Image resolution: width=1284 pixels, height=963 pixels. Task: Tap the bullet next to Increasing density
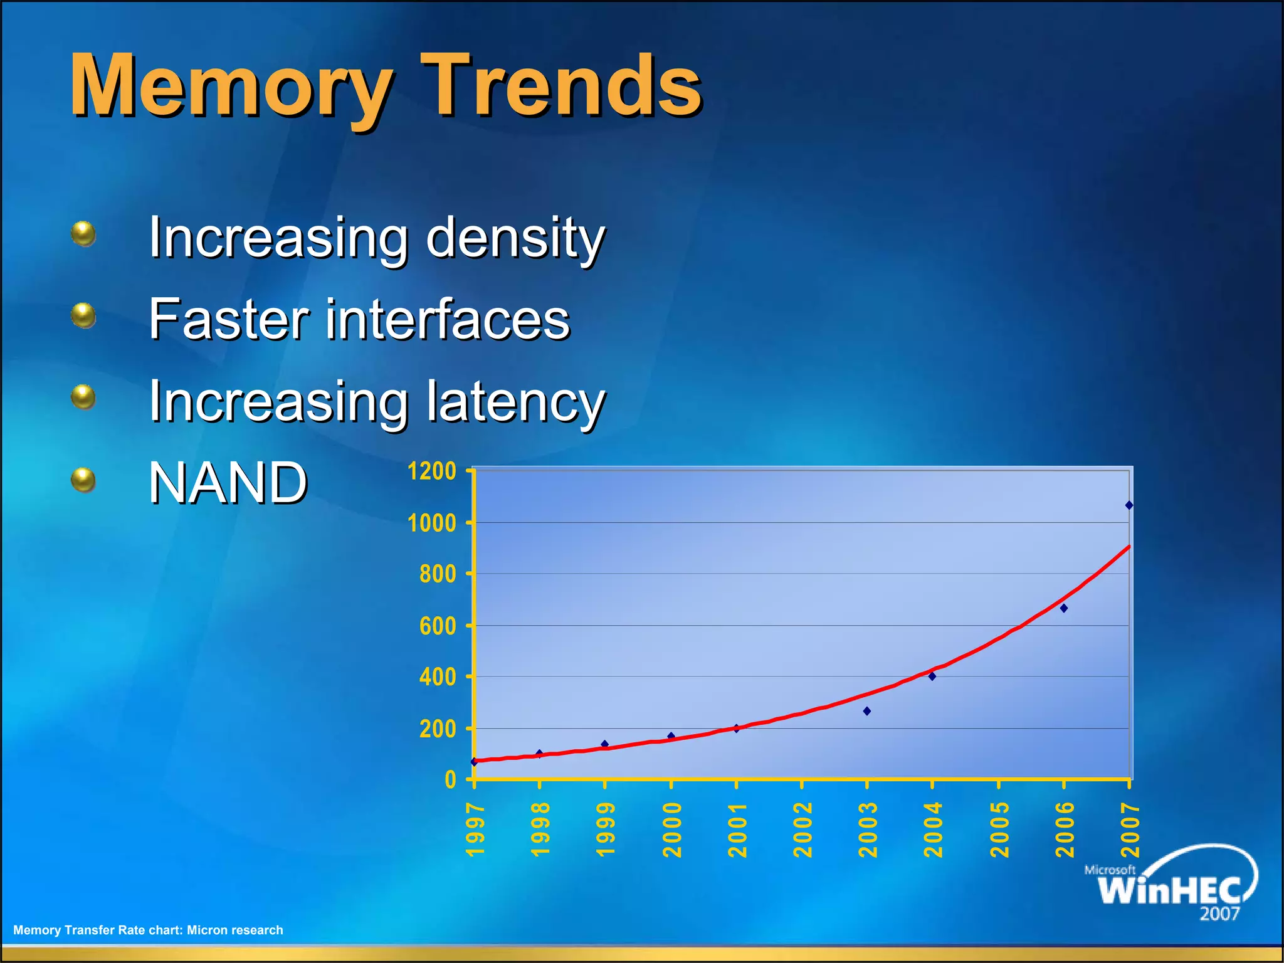pyautogui.click(x=83, y=234)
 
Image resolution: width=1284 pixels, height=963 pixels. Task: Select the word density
pyautogui.click(x=515, y=238)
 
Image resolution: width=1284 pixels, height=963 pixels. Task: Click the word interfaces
pyautogui.click(x=447, y=320)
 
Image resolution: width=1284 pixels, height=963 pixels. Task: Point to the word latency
pyautogui.click(x=515, y=403)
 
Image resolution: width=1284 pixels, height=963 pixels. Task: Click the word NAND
pyautogui.click(x=228, y=483)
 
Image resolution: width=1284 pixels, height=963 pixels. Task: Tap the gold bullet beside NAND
pyautogui.click(x=83, y=480)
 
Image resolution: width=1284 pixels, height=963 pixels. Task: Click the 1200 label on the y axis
pyautogui.click(x=431, y=471)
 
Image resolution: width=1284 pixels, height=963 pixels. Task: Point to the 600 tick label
pyautogui.click(x=438, y=626)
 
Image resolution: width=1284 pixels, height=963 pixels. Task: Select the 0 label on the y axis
pyautogui.click(x=450, y=780)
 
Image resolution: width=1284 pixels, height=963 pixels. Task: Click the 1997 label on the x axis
pyautogui.click(x=476, y=829)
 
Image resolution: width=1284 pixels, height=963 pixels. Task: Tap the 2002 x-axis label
pyautogui.click(x=802, y=829)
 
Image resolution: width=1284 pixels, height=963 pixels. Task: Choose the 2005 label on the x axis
pyautogui.click(x=999, y=829)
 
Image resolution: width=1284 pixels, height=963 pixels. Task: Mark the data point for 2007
pyautogui.click(x=1129, y=505)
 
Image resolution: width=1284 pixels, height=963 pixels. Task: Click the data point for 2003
pyautogui.click(x=867, y=711)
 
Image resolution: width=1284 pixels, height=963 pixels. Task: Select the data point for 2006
pyautogui.click(x=1063, y=608)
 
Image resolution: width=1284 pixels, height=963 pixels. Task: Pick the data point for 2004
pyautogui.click(x=932, y=676)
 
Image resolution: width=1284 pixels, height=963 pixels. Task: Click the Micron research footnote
pyautogui.click(x=148, y=930)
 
